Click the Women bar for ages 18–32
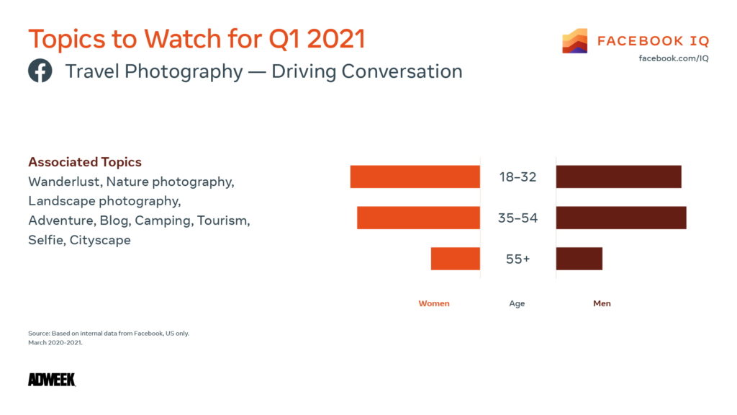[x=415, y=177]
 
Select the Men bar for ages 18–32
[x=618, y=177]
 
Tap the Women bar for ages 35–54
[x=418, y=218]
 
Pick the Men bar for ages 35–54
[x=620, y=218]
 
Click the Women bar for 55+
[x=455, y=259]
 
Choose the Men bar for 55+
[x=579, y=259]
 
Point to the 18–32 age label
[x=517, y=177]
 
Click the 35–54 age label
[x=517, y=218]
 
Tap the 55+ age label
[x=517, y=259]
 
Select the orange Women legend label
[x=434, y=303]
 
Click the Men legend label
[x=602, y=303]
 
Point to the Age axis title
[x=517, y=303]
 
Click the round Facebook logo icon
[x=40, y=71]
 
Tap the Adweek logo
[x=52, y=380]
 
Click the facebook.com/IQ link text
[x=673, y=58]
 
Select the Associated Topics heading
[x=85, y=162]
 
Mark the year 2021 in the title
[x=336, y=39]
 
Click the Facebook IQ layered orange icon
[x=575, y=41]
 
